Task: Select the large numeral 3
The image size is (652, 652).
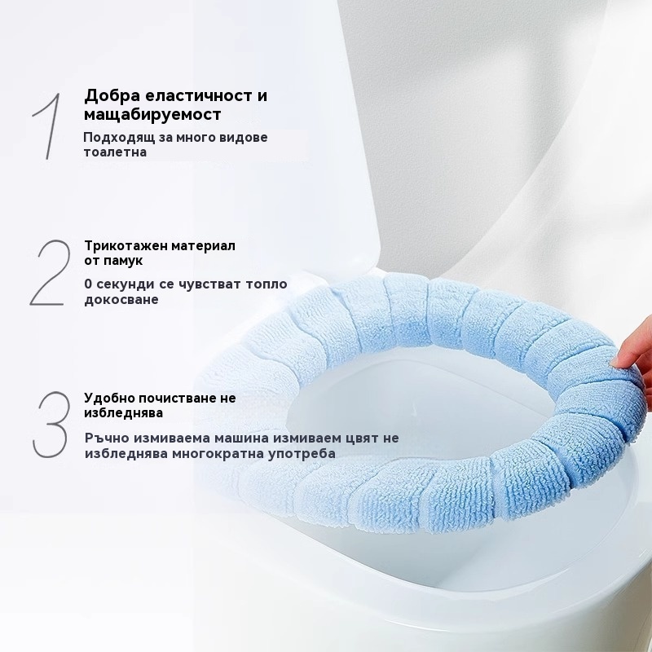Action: pyautogui.click(x=51, y=424)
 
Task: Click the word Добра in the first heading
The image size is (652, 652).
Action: pyautogui.click(x=112, y=96)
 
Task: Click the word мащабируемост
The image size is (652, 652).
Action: pyautogui.click(x=152, y=115)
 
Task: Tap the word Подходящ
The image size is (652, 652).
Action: pyautogui.click(x=120, y=138)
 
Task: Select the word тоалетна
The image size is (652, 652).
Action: pyautogui.click(x=115, y=152)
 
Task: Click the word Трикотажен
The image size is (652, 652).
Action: pyautogui.click(x=121, y=246)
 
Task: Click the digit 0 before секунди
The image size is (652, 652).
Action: pyautogui.click(x=88, y=284)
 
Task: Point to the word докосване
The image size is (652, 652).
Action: pyautogui.click(x=121, y=300)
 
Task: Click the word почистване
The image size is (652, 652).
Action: pyautogui.click(x=177, y=399)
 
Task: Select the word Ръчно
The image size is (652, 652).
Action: pyautogui.click(x=104, y=438)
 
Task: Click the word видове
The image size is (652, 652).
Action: pyautogui.click(x=245, y=137)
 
